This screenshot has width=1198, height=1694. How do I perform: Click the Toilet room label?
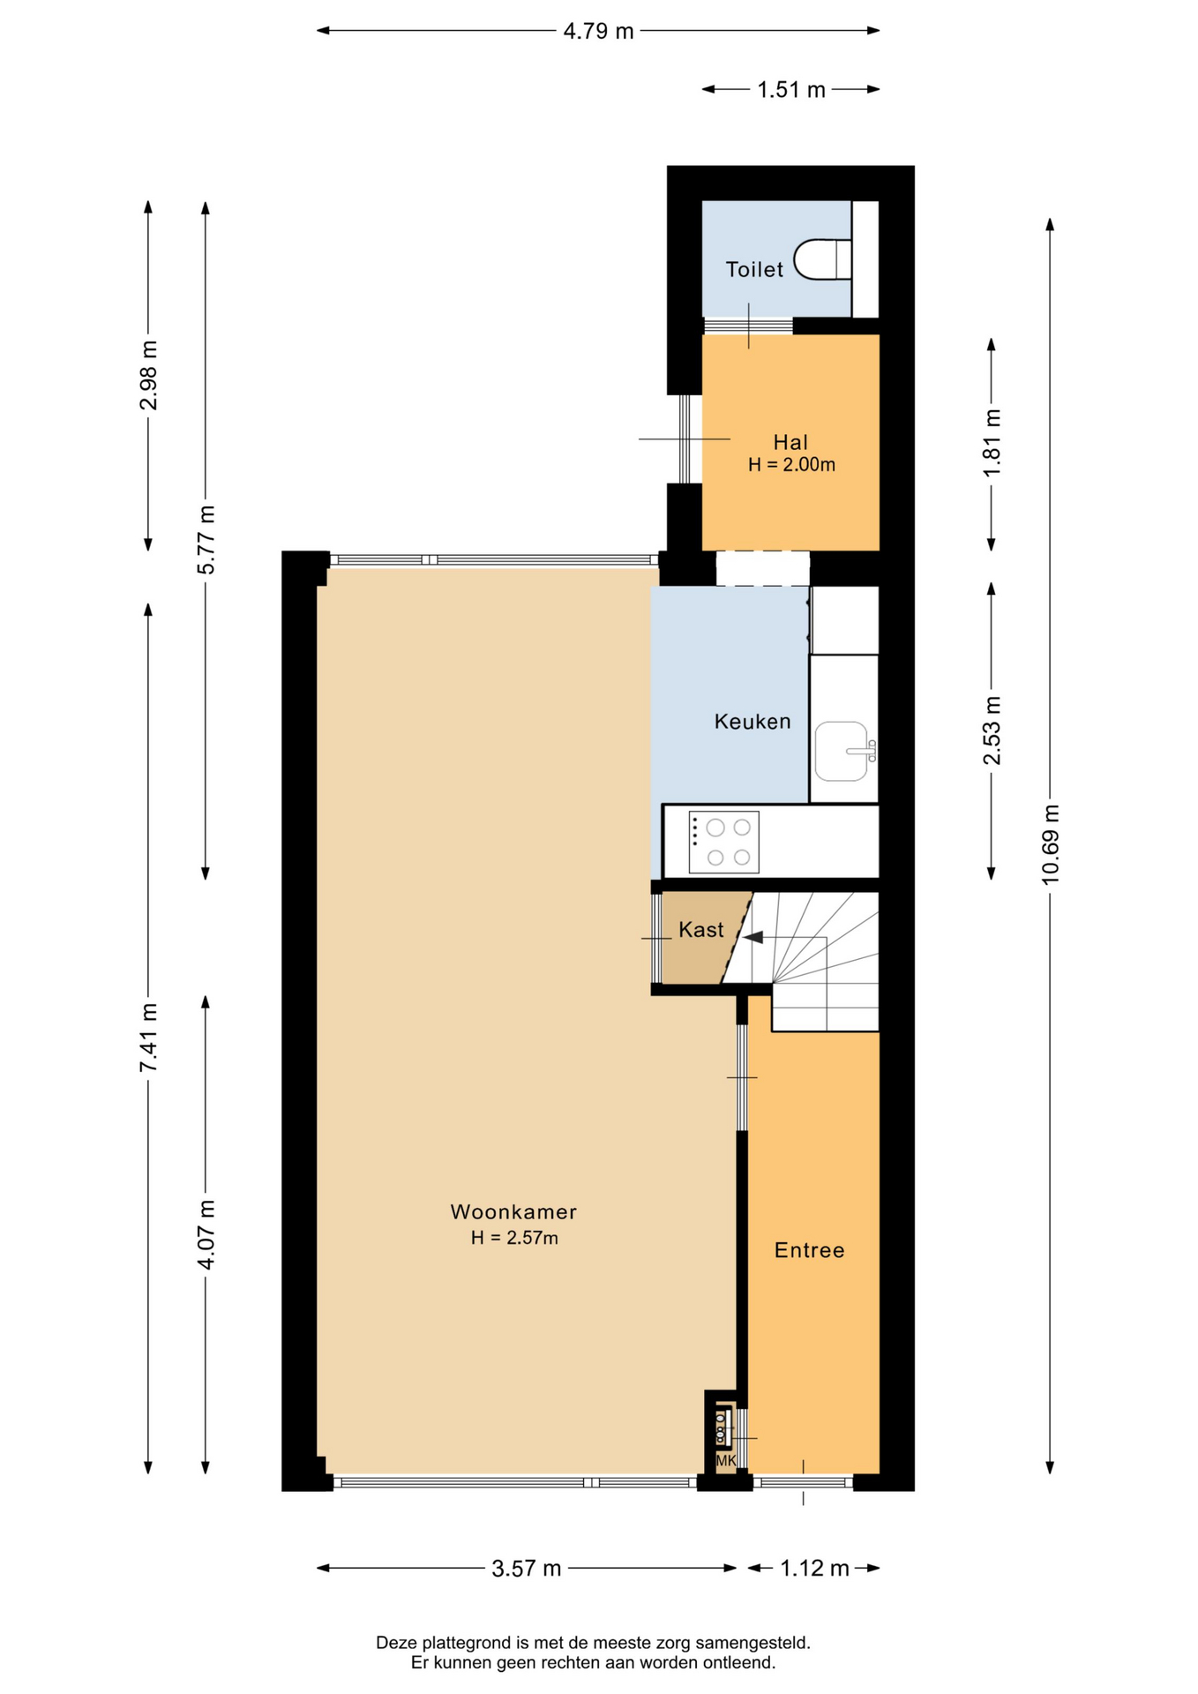click(x=754, y=269)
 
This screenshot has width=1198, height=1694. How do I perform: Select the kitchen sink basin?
click(x=841, y=751)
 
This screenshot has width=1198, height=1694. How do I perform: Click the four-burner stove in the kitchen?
click(x=723, y=842)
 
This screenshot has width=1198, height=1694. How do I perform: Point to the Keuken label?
click(x=752, y=722)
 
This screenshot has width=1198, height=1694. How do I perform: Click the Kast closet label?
click(x=701, y=930)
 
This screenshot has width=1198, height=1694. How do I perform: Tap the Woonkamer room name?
click(x=513, y=1211)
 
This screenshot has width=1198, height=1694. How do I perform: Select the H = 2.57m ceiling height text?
click(x=514, y=1238)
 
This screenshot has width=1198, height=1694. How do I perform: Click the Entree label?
click(x=809, y=1250)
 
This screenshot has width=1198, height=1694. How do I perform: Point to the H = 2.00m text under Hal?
click(x=791, y=465)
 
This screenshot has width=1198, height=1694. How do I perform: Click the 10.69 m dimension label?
click(x=1050, y=844)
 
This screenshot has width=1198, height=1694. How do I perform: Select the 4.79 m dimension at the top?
click(x=599, y=32)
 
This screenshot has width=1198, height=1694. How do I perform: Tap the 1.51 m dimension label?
click(x=791, y=90)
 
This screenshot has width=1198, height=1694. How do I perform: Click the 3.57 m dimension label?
click(x=527, y=1568)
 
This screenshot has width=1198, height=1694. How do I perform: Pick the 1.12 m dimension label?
click(x=814, y=1568)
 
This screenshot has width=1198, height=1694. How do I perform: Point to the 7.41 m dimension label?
click(x=148, y=1038)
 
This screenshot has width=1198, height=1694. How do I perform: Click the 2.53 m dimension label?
click(x=992, y=731)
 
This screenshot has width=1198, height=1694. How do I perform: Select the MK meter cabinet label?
click(x=725, y=1461)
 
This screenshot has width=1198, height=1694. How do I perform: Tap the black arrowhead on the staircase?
click(x=752, y=937)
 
